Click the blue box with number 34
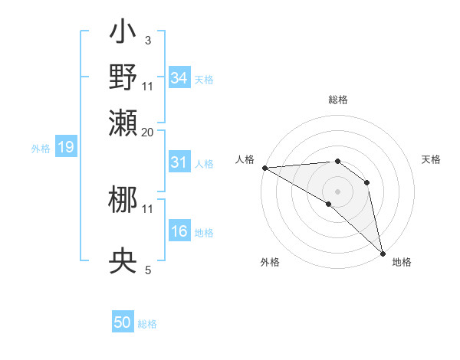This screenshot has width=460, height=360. (x=179, y=78)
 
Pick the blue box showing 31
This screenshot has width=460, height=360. (x=179, y=163)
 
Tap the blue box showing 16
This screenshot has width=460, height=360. (x=179, y=232)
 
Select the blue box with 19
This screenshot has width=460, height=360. (x=65, y=148)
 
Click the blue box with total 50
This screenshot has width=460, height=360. (x=123, y=323)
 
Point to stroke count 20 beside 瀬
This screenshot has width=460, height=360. (x=148, y=133)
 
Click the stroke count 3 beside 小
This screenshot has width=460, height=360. (x=147, y=40)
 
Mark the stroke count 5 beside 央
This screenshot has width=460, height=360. (x=147, y=270)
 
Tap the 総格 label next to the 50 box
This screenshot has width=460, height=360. (x=147, y=324)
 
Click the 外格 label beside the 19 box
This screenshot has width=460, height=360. (x=40, y=149)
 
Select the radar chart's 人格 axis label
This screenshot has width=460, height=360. (x=245, y=159)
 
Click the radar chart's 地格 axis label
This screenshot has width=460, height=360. (x=402, y=262)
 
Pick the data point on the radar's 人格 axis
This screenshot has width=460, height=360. (x=264, y=167)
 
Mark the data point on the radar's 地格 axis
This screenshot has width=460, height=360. (x=383, y=253)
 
